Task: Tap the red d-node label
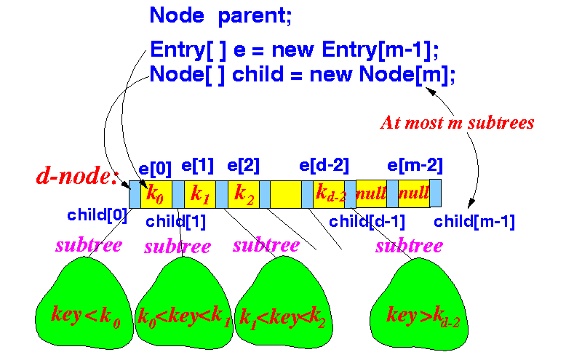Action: [77, 176]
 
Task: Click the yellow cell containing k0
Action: [156, 194]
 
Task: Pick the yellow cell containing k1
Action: [200, 194]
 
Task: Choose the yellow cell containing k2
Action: [244, 194]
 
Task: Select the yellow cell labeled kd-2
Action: [329, 194]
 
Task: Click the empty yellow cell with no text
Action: [286, 194]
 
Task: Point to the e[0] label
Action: [155, 168]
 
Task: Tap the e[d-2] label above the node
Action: [324, 165]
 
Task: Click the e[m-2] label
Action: [415, 165]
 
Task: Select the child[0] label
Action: [97, 215]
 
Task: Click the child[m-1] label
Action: [474, 222]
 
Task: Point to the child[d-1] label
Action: [367, 222]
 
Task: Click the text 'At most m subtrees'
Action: [457, 123]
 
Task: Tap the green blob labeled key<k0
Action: [84, 304]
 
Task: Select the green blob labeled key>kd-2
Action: [419, 305]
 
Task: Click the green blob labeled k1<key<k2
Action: [284, 303]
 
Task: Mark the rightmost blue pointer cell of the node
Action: [435, 193]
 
